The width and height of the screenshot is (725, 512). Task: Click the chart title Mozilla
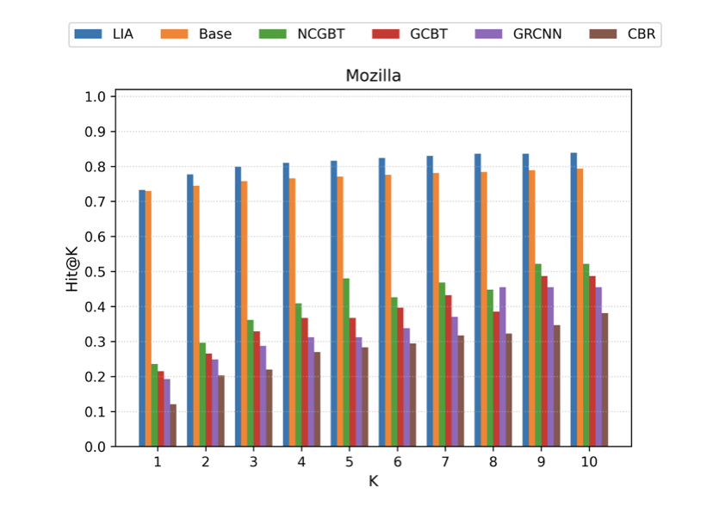tap(373, 76)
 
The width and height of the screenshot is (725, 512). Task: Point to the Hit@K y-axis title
tap(74, 271)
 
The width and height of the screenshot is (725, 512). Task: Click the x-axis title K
tap(373, 481)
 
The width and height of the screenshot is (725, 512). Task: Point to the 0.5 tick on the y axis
tap(96, 272)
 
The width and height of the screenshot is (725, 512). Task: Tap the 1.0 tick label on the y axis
tap(96, 96)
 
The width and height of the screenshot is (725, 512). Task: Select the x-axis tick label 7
tap(445, 463)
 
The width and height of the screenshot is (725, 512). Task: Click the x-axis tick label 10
tap(589, 463)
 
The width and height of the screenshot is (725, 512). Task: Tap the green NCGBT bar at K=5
tap(346, 362)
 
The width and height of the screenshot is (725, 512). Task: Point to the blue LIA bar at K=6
tap(382, 302)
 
